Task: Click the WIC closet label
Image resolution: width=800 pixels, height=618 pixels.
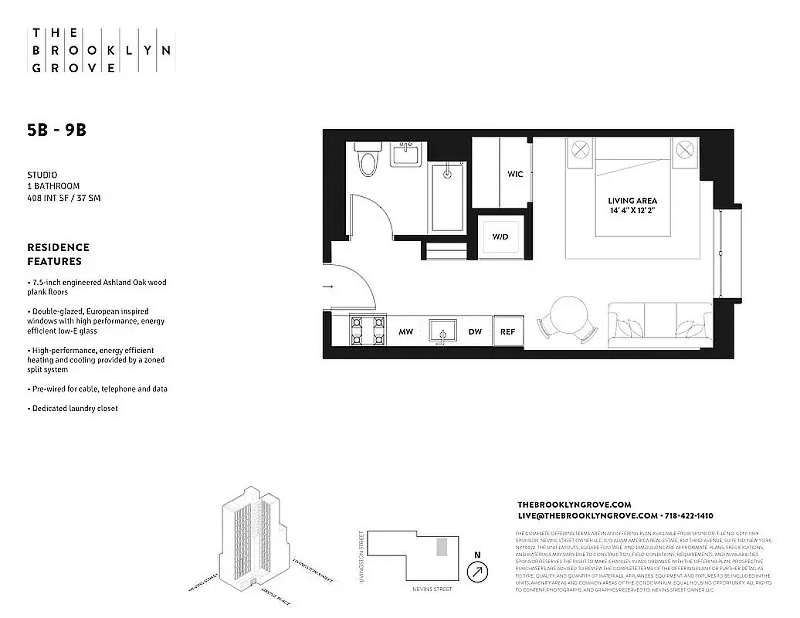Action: click(515, 174)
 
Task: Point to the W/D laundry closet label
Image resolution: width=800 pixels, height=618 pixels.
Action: click(500, 236)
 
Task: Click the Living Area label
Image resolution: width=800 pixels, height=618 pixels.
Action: click(632, 201)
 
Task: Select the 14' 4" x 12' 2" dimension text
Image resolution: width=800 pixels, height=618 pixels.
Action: click(632, 211)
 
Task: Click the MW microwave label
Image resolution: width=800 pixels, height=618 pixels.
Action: click(405, 331)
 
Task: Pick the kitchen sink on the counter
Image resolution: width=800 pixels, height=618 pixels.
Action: click(442, 331)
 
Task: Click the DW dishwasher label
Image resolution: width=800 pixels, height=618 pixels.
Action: click(475, 331)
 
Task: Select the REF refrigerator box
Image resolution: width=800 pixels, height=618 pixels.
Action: click(507, 331)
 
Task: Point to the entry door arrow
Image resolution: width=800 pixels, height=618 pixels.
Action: click(328, 287)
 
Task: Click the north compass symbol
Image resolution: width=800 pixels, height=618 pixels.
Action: click(479, 571)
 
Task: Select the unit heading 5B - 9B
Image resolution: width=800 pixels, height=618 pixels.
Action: click(56, 131)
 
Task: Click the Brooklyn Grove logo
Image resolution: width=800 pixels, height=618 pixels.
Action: click(100, 51)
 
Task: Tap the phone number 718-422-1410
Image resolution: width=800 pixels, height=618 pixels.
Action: click(687, 515)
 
